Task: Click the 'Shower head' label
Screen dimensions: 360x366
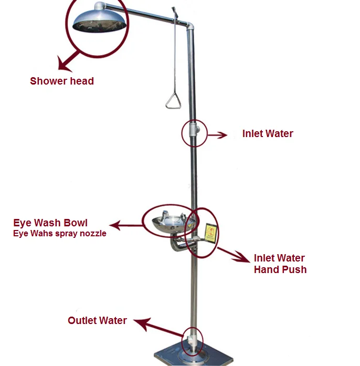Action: point(62,81)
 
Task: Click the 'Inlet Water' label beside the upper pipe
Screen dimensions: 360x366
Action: point(268,133)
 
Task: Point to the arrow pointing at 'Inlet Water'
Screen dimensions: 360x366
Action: point(217,135)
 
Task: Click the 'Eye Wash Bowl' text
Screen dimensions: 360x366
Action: point(50,222)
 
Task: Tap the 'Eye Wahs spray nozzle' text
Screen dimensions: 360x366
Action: point(59,234)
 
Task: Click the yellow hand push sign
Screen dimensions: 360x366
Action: point(211,234)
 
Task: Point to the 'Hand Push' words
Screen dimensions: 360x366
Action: point(280,269)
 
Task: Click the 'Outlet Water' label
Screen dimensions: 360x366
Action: point(97,320)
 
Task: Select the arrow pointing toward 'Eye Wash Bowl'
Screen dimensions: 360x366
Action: point(126,226)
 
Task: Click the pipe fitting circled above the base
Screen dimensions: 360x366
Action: point(192,340)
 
